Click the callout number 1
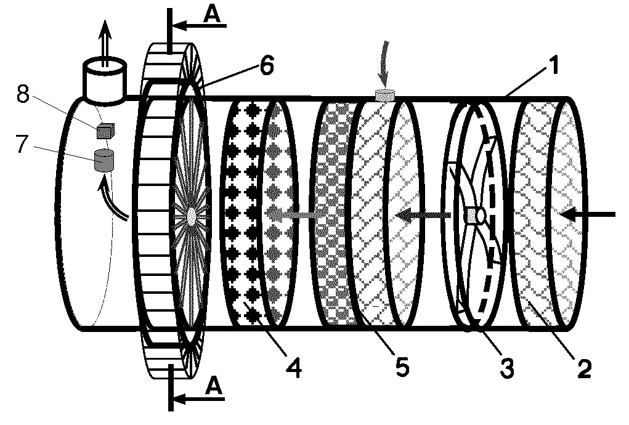(x=554, y=66)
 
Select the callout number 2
(x=584, y=369)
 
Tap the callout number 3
(x=506, y=369)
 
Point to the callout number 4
(x=294, y=369)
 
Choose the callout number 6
(x=267, y=65)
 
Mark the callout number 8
(x=23, y=94)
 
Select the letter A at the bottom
(x=214, y=387)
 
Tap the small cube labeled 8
(x=105, y=131)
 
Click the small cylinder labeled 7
(x=103, y=160)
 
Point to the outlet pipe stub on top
(x=104, y=81)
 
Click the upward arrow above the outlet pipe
(x=105, y=43)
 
